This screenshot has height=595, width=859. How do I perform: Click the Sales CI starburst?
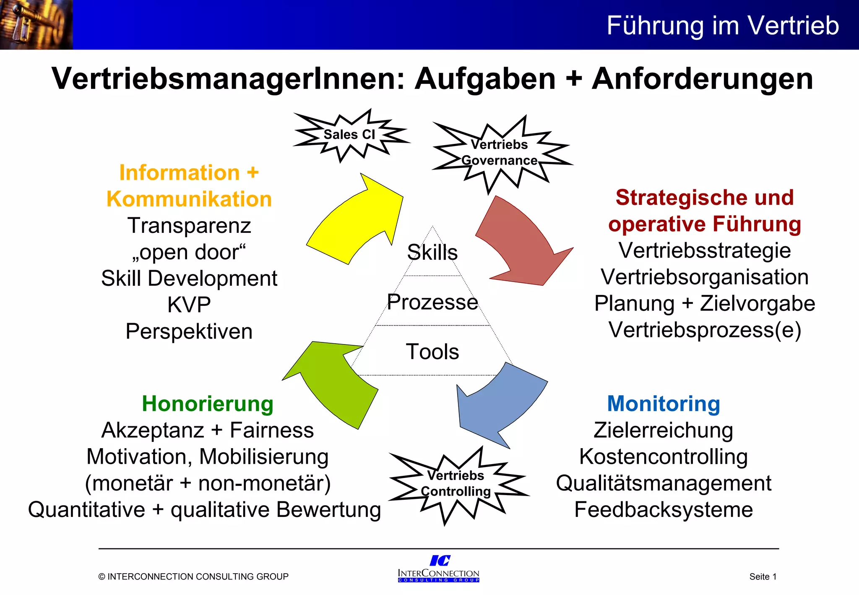(x=349, y=135)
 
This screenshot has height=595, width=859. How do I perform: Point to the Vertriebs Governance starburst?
(x=499, y=152)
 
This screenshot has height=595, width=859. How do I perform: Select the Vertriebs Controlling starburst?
(x=456, y=483)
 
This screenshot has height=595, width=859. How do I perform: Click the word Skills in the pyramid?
(x=432, y=252)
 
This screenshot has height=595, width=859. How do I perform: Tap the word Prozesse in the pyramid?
(x=432, y=302)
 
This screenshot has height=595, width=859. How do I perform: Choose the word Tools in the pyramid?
(x=432, y=351)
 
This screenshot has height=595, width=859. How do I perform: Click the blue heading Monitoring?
(x=664, y=404)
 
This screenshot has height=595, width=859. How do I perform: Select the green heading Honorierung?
(x=208, y=404)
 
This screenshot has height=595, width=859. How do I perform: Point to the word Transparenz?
(x=189, y=225)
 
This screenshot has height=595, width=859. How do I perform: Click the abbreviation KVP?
(x=189, y=305)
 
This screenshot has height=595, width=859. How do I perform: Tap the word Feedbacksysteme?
(x=664, y=509)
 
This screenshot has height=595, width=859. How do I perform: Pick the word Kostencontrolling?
(x=664, y=457)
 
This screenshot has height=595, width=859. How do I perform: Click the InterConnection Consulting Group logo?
(x=439, y=569)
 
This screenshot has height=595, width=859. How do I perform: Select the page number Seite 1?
(x=763, y=577)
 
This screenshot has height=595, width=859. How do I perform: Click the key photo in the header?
(x=36, y=25)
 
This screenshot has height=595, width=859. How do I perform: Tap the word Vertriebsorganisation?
(x=705, y=277)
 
